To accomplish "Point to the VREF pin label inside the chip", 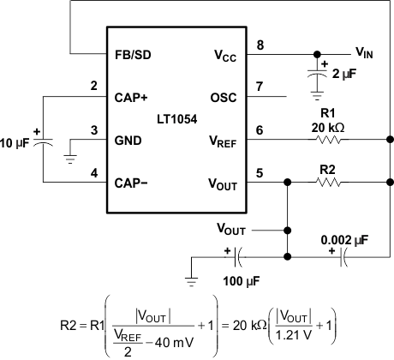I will pyautogui.click(x=227, y=139).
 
